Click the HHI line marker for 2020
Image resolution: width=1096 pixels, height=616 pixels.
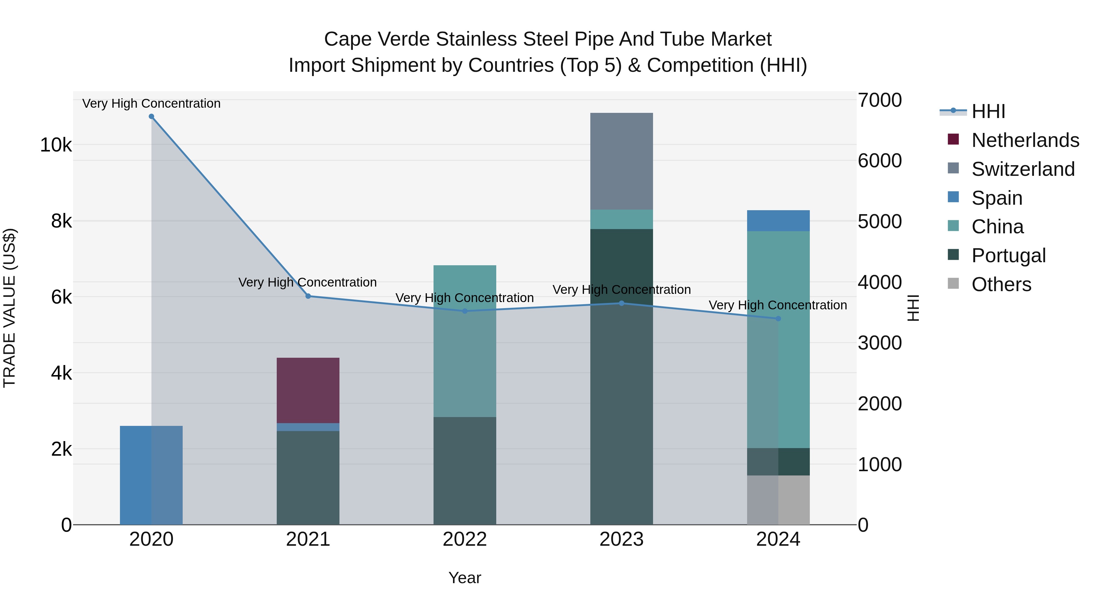tap(152, 117)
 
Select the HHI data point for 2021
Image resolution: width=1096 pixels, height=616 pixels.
tap(308, 296)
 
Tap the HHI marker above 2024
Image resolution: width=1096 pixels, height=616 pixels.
tap(778, 318)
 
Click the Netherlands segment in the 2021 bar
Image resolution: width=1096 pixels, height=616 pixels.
tap(308, 390)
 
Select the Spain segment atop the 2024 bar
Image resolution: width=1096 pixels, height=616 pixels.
tap(778, 221)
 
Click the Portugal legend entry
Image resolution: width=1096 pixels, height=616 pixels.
tap(1008, 256)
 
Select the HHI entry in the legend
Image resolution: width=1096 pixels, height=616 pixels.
tap(988, 111)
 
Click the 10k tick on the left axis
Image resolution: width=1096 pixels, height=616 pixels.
tap(56, 145)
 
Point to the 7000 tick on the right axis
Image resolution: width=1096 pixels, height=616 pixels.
tap(879, 101)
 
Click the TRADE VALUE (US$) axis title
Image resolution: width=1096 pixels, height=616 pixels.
tap(9, 308)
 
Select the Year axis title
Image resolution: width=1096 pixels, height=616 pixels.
tap(465, 578)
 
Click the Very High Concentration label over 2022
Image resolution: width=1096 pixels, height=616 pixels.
tap(465, 298)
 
